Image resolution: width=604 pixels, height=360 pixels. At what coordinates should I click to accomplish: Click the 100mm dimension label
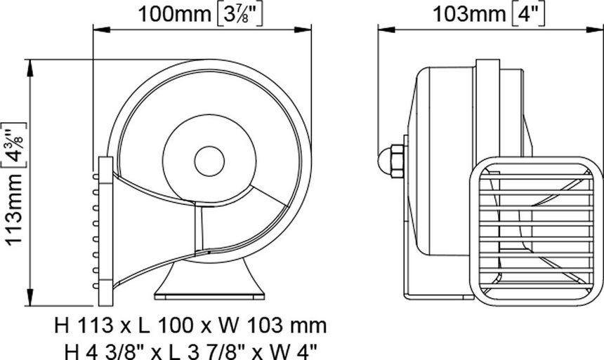[174, 15]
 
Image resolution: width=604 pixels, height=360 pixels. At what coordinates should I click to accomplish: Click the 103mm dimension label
[469, 15]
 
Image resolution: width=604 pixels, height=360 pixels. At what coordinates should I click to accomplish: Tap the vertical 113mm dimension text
[14, 209]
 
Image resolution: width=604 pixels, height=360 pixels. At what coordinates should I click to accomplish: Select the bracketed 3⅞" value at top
[238, 15]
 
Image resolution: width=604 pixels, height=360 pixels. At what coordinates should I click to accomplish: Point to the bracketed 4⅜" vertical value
[14, 145]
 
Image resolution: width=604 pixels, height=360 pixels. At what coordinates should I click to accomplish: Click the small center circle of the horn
[209, 161]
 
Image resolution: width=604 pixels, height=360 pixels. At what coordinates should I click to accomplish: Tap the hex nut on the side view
[397, 161]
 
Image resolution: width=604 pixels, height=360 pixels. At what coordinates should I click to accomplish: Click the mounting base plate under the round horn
[209, 297]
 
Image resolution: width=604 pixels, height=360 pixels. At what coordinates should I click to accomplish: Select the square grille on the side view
[536, 231]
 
